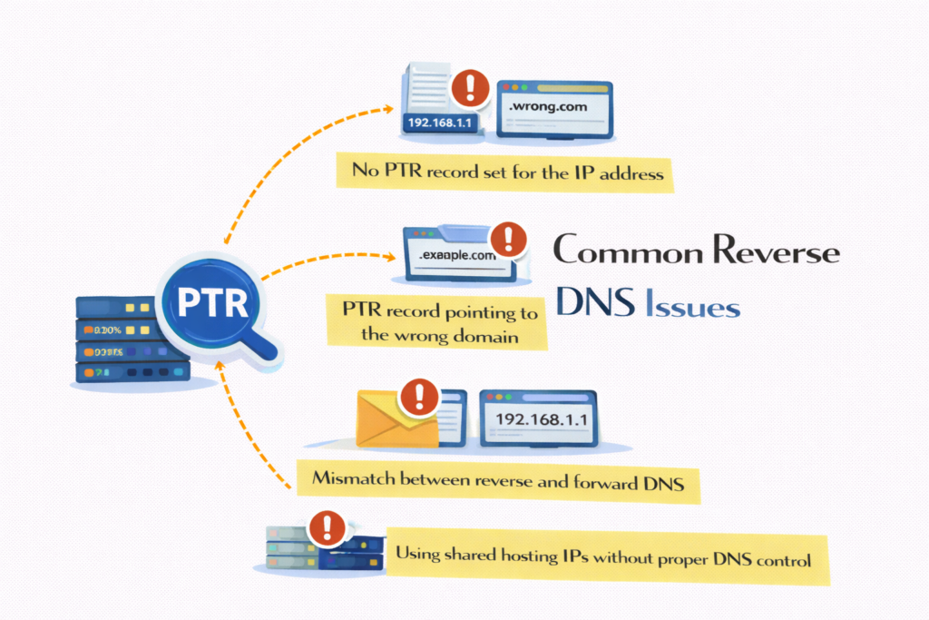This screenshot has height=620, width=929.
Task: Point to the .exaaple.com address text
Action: click(458, 256)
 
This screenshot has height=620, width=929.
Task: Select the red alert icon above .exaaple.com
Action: click(508, 240)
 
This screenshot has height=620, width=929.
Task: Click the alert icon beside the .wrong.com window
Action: click(469, 87)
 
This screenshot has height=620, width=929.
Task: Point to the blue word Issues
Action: click(692, 306)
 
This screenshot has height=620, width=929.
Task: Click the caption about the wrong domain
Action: click(439, 323)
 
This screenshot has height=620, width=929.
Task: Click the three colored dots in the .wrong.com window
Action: click(515, 88)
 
